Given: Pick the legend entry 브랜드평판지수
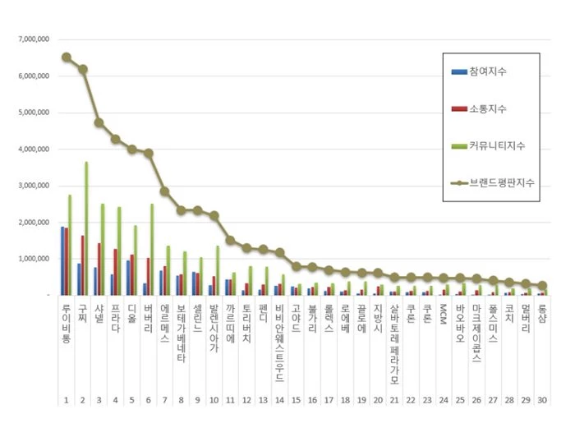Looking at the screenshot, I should pos(502,183).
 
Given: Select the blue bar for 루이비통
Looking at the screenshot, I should pos(63,260).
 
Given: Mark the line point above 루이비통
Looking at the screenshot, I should pos(67,57).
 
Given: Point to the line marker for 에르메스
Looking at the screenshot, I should pos(164,191).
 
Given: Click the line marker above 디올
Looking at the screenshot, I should pos(131,149).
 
